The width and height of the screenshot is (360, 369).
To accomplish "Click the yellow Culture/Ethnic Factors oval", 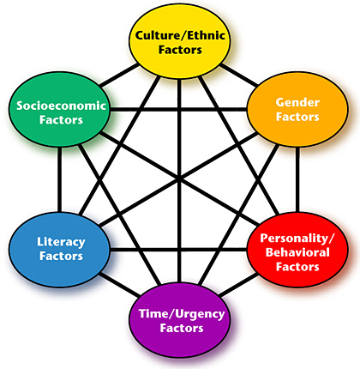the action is tap(180, 41).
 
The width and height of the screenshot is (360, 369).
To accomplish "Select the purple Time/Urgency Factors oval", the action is tap(180, 320).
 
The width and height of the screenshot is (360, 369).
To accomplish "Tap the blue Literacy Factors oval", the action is tap(59, 250).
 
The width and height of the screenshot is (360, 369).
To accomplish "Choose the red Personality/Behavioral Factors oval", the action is tap(297, 250).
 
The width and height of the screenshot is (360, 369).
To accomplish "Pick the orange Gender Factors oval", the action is tap(297, 109).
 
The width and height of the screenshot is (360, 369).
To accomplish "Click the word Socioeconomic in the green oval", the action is tap(61, 106).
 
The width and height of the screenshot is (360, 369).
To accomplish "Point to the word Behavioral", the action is tap(297, 252).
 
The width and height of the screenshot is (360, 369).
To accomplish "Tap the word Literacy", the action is tap(61, 242).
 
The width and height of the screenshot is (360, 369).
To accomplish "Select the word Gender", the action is tap(297, 102).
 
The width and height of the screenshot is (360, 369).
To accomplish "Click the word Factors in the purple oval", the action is tap(182, 328).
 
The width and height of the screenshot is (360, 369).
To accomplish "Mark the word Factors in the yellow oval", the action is tap(180, 50).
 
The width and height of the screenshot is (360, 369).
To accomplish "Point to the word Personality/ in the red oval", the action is tap(297, 238).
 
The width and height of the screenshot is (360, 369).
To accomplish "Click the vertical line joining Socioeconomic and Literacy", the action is tap(59, 179).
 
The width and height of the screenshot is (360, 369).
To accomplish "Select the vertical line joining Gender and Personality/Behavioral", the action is tap(297, 179).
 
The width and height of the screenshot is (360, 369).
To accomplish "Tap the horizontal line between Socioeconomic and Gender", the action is tap(179, 109).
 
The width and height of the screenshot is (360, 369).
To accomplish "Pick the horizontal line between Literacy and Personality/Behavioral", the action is tap(179, 250).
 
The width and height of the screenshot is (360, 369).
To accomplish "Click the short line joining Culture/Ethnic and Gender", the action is tap(239, 75).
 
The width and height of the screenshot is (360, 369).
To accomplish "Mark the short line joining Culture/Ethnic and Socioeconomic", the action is tap(119, 76).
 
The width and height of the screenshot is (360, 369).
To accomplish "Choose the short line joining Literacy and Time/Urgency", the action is tap(120, 285).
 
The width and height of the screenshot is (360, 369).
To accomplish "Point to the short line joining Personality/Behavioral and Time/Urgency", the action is tap(238, 285).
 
